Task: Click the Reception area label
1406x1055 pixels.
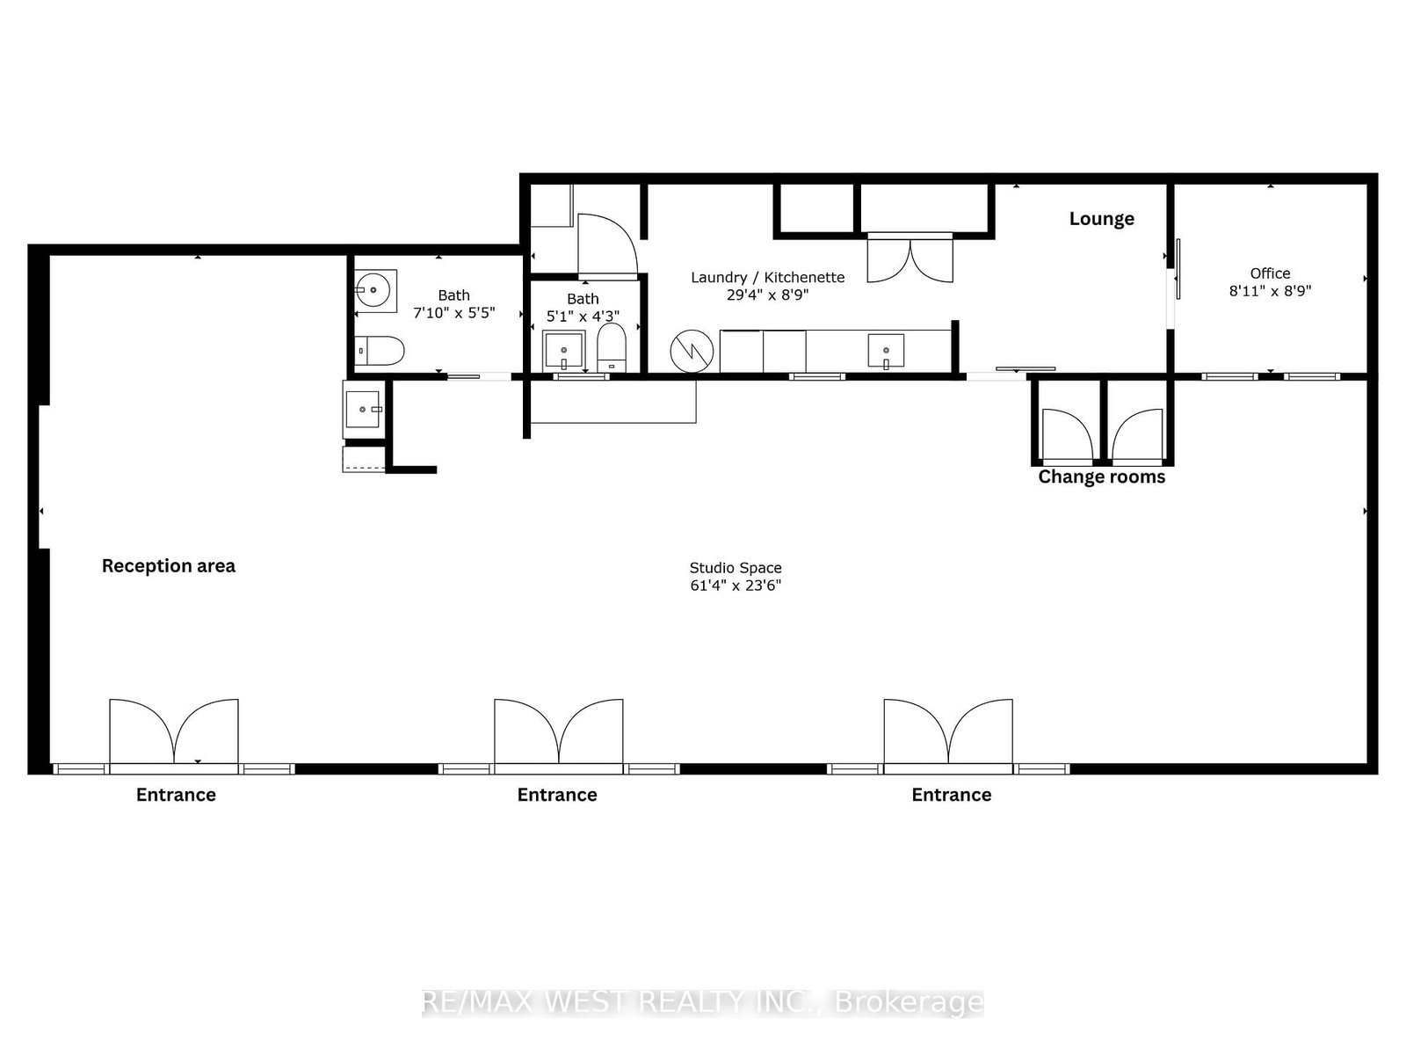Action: point(168,566)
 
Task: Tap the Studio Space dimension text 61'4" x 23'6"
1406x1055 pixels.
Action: point(736,586)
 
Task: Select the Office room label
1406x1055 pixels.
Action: point(1270,273)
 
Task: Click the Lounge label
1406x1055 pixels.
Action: point(1101,219)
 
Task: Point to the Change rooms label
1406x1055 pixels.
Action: point(1101,477)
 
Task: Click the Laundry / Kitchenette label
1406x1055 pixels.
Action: point(767,278)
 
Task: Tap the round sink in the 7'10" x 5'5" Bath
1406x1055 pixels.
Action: point(375,288)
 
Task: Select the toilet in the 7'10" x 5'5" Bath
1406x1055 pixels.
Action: point(380,351)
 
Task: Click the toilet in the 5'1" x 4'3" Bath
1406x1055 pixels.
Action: point(611,346)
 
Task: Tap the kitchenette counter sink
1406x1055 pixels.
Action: point(886,350)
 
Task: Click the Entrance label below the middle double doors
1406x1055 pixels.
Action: point(557,796)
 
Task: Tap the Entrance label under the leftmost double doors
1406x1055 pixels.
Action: point(176,796)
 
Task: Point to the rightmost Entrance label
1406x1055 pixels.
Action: point(951,796)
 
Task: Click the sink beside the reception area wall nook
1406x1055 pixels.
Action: point(363,409)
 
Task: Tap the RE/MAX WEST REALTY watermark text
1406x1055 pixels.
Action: point(703,1001)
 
